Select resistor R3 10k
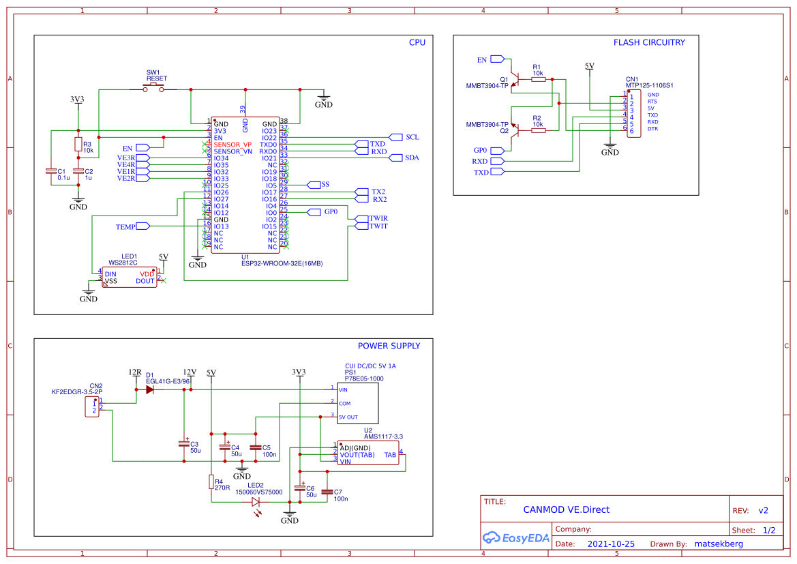click(78, 144)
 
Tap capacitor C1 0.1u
click(50, 171)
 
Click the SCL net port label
click(396, 137)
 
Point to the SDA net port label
click(396, 158)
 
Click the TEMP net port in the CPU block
click(142, 226)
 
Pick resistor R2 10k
click(538, 130)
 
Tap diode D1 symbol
click(150, 389)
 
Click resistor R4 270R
click(211, 482)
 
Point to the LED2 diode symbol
click(256, 502)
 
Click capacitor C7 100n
click(327, 492)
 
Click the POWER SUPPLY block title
click(389, 346)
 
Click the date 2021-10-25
click(610, 544)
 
